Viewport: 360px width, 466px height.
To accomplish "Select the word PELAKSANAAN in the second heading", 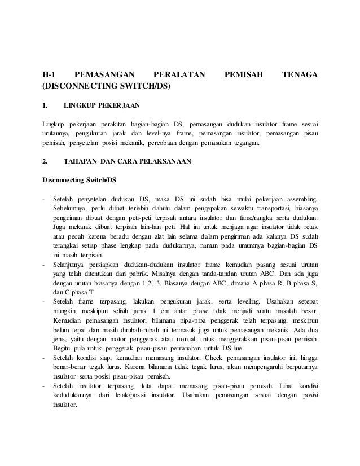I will [159, 161].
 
